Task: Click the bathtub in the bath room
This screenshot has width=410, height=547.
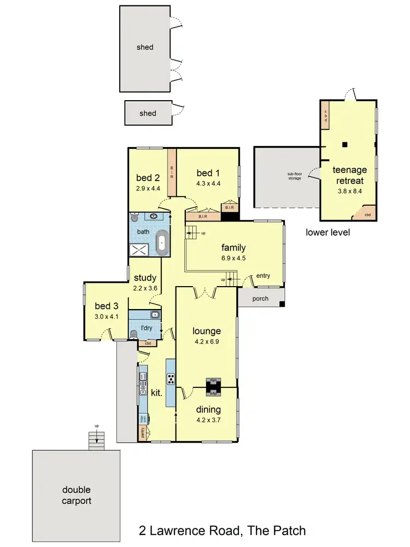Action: click(162, 243)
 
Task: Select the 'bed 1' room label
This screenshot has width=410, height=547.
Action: click(208, 173)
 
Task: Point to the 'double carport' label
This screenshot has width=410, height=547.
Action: click(76, 495)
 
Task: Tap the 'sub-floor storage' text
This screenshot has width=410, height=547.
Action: click(295, 177)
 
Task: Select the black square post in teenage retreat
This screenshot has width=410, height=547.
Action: click(344, 144)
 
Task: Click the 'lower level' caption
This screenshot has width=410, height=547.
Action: click(328, 232)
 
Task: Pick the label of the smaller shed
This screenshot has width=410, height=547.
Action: click(148, 113)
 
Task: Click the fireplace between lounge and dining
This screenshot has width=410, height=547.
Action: click(213, 386)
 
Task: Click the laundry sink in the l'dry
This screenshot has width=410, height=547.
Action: click(155, 315)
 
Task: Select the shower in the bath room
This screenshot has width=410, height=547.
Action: click(139, 249)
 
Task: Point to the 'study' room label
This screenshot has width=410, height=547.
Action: click(145, 278)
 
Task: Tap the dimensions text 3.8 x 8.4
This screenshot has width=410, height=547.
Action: click(350, 191)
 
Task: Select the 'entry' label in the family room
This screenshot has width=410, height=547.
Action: click(262, 276)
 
